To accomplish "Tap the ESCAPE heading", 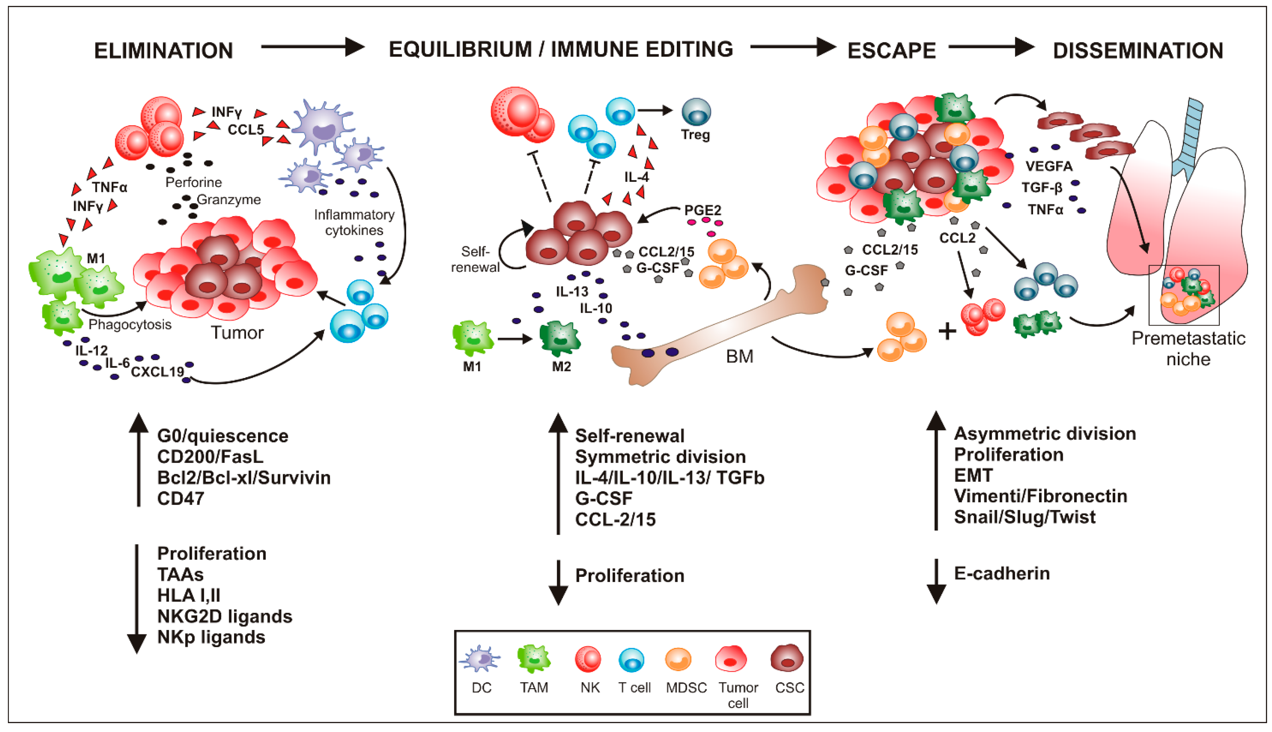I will [x=891, y=51].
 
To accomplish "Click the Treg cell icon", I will [x=696, y=112].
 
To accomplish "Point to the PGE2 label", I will [x=702, y=210].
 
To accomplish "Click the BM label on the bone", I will [x=739, y=356].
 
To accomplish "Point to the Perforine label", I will [x=194, y=182].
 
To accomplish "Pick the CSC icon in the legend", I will [x=787, y=658].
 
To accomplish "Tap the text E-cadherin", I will [x=1002, y=574].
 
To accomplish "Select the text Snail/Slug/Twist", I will [x=1024, y=517].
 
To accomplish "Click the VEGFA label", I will [x=1049, y=166].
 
